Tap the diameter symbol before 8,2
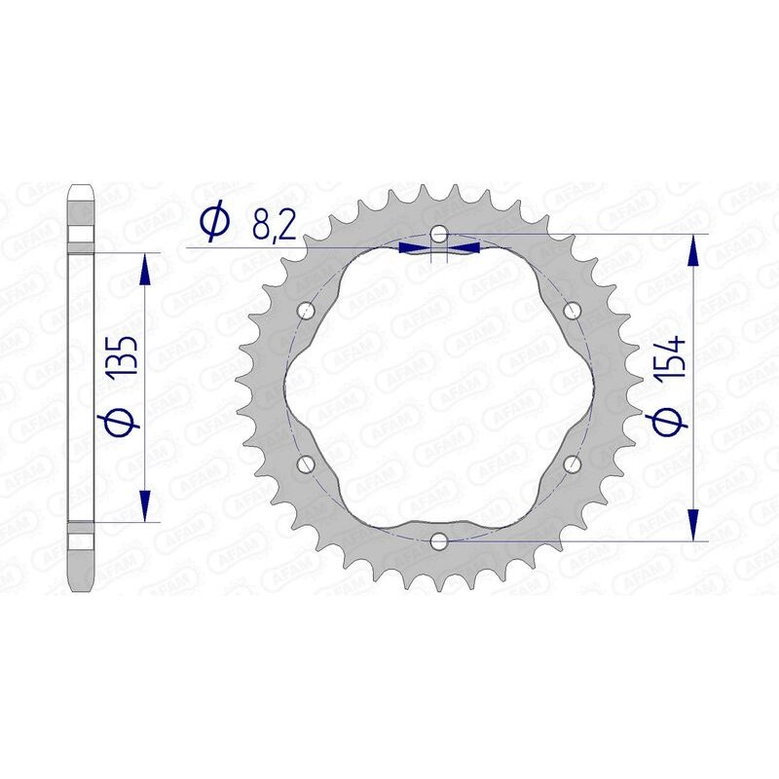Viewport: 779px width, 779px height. (x=213, y=223)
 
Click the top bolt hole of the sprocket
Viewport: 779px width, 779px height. (x=439, y=235)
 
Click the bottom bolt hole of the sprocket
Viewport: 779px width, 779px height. (x=439, y=540)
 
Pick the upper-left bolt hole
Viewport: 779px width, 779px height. (x=308, y=312)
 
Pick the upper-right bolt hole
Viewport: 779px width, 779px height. (x=572, y=312)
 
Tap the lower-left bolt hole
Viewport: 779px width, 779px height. (x=308, y=464)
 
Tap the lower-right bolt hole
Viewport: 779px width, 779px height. (x=572, y=464)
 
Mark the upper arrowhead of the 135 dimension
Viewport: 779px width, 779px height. (x=145, y=269)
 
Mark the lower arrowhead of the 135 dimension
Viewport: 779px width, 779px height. (x=145, y=506)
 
